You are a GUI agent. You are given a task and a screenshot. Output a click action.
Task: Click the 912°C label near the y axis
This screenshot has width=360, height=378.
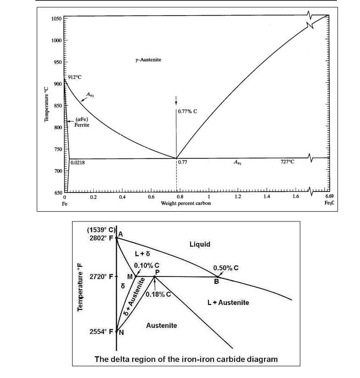tap(75, 77)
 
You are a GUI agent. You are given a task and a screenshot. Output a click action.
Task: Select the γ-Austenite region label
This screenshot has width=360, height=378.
tap(148, 60)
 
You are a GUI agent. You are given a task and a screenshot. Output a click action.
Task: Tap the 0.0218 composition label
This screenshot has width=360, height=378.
tap(78, 163)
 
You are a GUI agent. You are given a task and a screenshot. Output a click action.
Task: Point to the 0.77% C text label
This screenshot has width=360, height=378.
tap(187, 111)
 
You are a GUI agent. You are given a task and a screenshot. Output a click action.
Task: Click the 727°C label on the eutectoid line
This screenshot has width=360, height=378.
tap(287, 162)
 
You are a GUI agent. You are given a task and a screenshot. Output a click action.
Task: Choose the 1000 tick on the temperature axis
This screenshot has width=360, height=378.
tap(56, 40)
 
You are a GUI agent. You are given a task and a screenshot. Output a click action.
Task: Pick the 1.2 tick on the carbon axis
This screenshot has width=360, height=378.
tap(238, 197)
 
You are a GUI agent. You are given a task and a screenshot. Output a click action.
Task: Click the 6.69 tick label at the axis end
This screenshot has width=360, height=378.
tap(329, 197)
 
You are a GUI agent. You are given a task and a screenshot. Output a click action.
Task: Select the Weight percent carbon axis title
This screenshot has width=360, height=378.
tap(186, 203)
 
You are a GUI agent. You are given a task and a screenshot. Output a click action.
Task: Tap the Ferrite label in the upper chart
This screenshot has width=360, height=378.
tap(82, 125)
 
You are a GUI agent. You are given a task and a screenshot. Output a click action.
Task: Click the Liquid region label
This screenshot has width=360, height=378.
tap(200, 244)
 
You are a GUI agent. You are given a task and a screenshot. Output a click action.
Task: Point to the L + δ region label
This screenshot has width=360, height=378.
tap(142, 254)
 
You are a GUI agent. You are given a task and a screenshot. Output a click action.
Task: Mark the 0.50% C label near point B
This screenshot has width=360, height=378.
tap(226, 268)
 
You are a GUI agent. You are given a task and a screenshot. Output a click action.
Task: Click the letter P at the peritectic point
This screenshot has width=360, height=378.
tap(157, 272)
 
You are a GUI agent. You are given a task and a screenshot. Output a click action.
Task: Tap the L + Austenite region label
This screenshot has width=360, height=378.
tap(228, 303)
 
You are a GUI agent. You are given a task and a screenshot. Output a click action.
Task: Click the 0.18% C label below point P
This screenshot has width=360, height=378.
tap(158, 294)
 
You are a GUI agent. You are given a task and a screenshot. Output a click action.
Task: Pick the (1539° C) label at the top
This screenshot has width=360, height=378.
tap(101, 230)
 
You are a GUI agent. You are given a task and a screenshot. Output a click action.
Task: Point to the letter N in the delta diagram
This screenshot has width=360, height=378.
tap(121, 333)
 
